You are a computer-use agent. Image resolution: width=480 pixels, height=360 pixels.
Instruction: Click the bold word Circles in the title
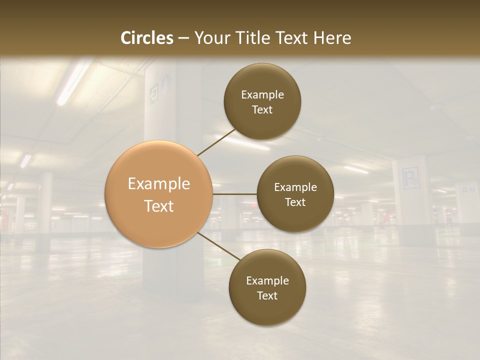147,38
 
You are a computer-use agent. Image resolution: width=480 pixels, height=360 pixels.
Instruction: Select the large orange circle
159,194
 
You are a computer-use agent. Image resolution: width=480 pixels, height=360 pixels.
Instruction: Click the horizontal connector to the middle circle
234,194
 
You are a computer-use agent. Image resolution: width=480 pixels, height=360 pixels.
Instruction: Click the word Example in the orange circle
159,184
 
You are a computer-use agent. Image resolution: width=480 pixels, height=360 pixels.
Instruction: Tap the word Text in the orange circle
159,206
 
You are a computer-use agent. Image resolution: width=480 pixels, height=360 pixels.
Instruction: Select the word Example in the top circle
262,95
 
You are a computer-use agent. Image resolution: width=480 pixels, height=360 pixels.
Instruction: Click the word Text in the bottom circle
267,295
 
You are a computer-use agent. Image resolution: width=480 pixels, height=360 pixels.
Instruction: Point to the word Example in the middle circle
295,187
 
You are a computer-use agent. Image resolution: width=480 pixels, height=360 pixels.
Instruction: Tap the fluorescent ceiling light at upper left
74,82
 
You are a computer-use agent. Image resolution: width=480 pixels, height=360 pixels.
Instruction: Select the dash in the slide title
183,38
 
